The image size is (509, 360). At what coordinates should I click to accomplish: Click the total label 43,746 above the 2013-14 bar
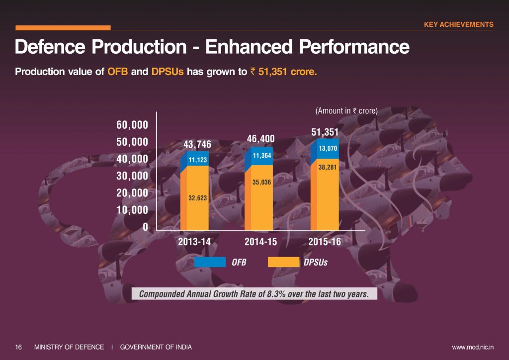pos(197,144)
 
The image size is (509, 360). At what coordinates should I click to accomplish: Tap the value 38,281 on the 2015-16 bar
pos(328,168)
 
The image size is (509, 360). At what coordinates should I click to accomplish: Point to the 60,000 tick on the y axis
pos(132,124)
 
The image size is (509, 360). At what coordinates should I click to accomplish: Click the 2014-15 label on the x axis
pos(260,242)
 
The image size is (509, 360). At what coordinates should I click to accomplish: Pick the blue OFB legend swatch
pos(210,262)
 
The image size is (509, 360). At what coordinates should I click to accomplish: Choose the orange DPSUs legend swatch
pos(283,262)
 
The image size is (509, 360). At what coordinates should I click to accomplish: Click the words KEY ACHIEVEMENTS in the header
pos(458,24)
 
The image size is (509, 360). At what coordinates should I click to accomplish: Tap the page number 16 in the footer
pos(19,347)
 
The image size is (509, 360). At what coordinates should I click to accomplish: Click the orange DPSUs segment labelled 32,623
pos(197,198)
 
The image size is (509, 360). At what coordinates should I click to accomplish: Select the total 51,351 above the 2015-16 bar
pos(324,132)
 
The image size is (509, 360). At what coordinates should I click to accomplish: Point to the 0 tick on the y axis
pos(145,227)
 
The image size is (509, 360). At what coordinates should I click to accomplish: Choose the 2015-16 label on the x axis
pos(324,242)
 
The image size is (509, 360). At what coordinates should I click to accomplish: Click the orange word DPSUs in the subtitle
pos(168,72)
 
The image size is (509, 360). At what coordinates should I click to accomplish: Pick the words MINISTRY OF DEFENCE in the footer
pos(69,347)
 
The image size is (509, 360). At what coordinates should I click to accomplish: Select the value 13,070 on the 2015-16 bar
pos(328,148)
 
